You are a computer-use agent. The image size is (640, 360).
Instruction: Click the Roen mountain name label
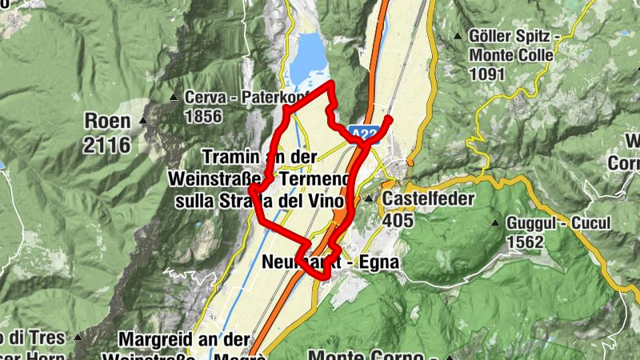pyautogui.click(x=107, y=122)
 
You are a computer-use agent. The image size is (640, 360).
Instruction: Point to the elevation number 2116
pyautogui.click(x=107, y=145)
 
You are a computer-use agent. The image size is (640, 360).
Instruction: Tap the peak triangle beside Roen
pyautogui.click(x=143, y=121)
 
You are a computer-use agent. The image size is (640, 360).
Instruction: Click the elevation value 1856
pyautogui.click(x=203, y=116)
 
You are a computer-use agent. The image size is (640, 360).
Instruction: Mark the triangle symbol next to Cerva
pyautogui.click(x=174, y=98)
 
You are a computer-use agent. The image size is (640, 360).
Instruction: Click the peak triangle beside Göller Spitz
pyautogui.click(x=458, y=36)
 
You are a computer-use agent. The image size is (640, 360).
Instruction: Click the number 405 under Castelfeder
pyautogui.click(x=399, y=218)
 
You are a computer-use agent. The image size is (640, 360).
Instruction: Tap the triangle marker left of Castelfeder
pyautogui.click(x=369, y=198)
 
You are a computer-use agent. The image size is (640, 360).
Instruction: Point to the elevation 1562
pyautogui.click(x=525, y=242)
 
